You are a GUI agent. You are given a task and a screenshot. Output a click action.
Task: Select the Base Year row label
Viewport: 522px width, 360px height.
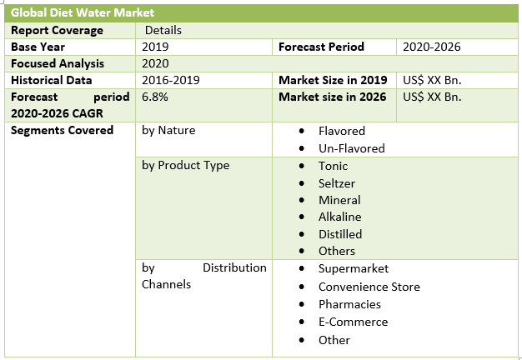(x=38, y=47)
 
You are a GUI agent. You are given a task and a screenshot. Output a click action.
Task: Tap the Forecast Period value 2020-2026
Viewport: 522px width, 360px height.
(x=431, y=47)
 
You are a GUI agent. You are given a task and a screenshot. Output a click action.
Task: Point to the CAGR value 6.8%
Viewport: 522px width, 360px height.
(x=155, y=97)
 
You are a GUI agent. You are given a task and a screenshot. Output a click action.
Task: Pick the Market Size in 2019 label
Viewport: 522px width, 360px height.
(x=333, y=80)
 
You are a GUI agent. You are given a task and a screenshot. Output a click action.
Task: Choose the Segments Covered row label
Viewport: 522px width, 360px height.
(x=62, y=130)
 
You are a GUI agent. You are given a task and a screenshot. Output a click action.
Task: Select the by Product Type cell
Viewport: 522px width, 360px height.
(x=185, y=165)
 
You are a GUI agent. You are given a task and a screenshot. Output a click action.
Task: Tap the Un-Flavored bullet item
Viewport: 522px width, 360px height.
(x=351, y=148)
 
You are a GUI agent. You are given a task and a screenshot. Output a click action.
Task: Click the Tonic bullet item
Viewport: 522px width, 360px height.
(x=334, y=166)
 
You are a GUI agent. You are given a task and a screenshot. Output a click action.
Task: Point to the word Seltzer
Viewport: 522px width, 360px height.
(x=338, y=182)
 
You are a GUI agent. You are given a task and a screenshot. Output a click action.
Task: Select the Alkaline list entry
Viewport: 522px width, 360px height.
(x=339, y=217)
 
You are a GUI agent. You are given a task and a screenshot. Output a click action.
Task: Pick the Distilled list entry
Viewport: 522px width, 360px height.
(x=340, y=234)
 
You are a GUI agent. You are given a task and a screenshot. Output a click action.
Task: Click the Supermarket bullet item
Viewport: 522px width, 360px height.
(x=354, y=268)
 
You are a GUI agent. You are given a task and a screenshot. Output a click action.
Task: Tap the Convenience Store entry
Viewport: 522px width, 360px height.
(x=369, y=287)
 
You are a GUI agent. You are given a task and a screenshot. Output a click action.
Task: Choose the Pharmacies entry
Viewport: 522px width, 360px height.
(x=349, y=304)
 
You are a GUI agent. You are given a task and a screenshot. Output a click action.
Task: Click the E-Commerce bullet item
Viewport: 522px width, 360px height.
(x=353, y=322)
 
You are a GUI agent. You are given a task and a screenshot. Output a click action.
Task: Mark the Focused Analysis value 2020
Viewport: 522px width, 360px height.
(x=155, y=63)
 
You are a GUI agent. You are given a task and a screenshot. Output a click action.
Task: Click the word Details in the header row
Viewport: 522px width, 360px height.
(x=163, y=30)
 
